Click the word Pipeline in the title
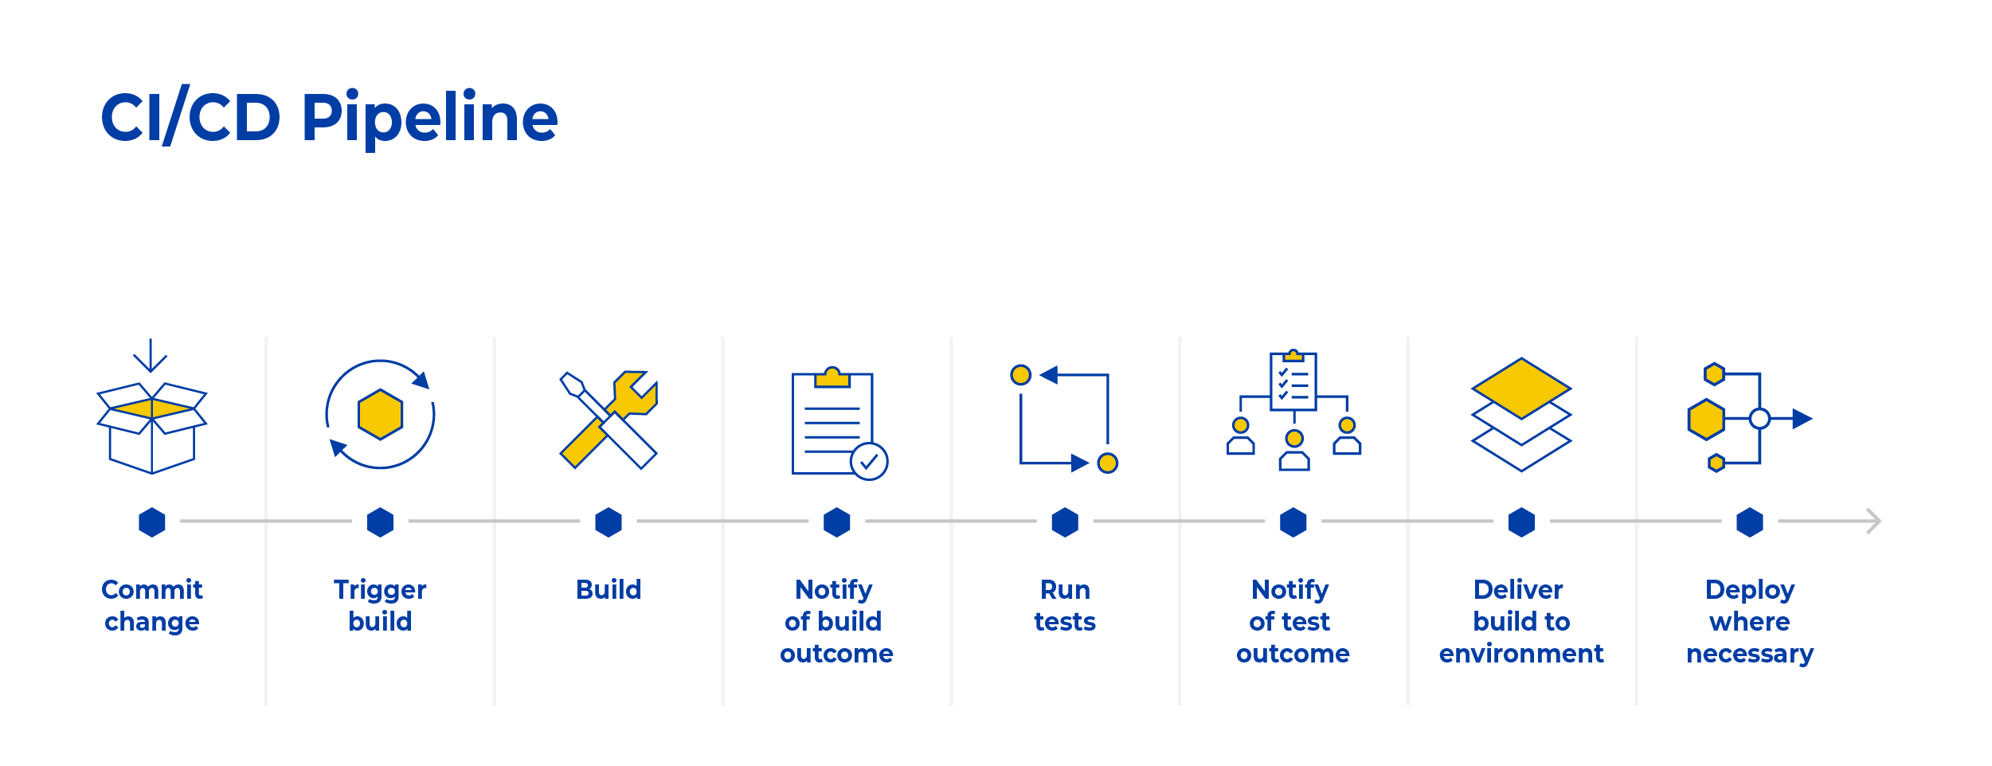(x=429, y=118)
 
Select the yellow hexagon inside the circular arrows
(x=380, y=414)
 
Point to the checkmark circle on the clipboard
(x=868, y=461)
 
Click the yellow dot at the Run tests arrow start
(x=1020, y=375)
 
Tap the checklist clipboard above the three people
(x=1293, y=381)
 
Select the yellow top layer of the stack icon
(x=1520, y=389)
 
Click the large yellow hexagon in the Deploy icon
(x=1706, y=420)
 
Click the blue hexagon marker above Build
(x=609, y=522)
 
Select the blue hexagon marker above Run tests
(x=1065, y=522)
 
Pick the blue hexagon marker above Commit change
(x=151, y=522)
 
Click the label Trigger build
(x=380, y=605)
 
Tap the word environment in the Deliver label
(x=1520, y=654)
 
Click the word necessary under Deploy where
(x=1749, y=654)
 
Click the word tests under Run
(x=1065, y=622)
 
